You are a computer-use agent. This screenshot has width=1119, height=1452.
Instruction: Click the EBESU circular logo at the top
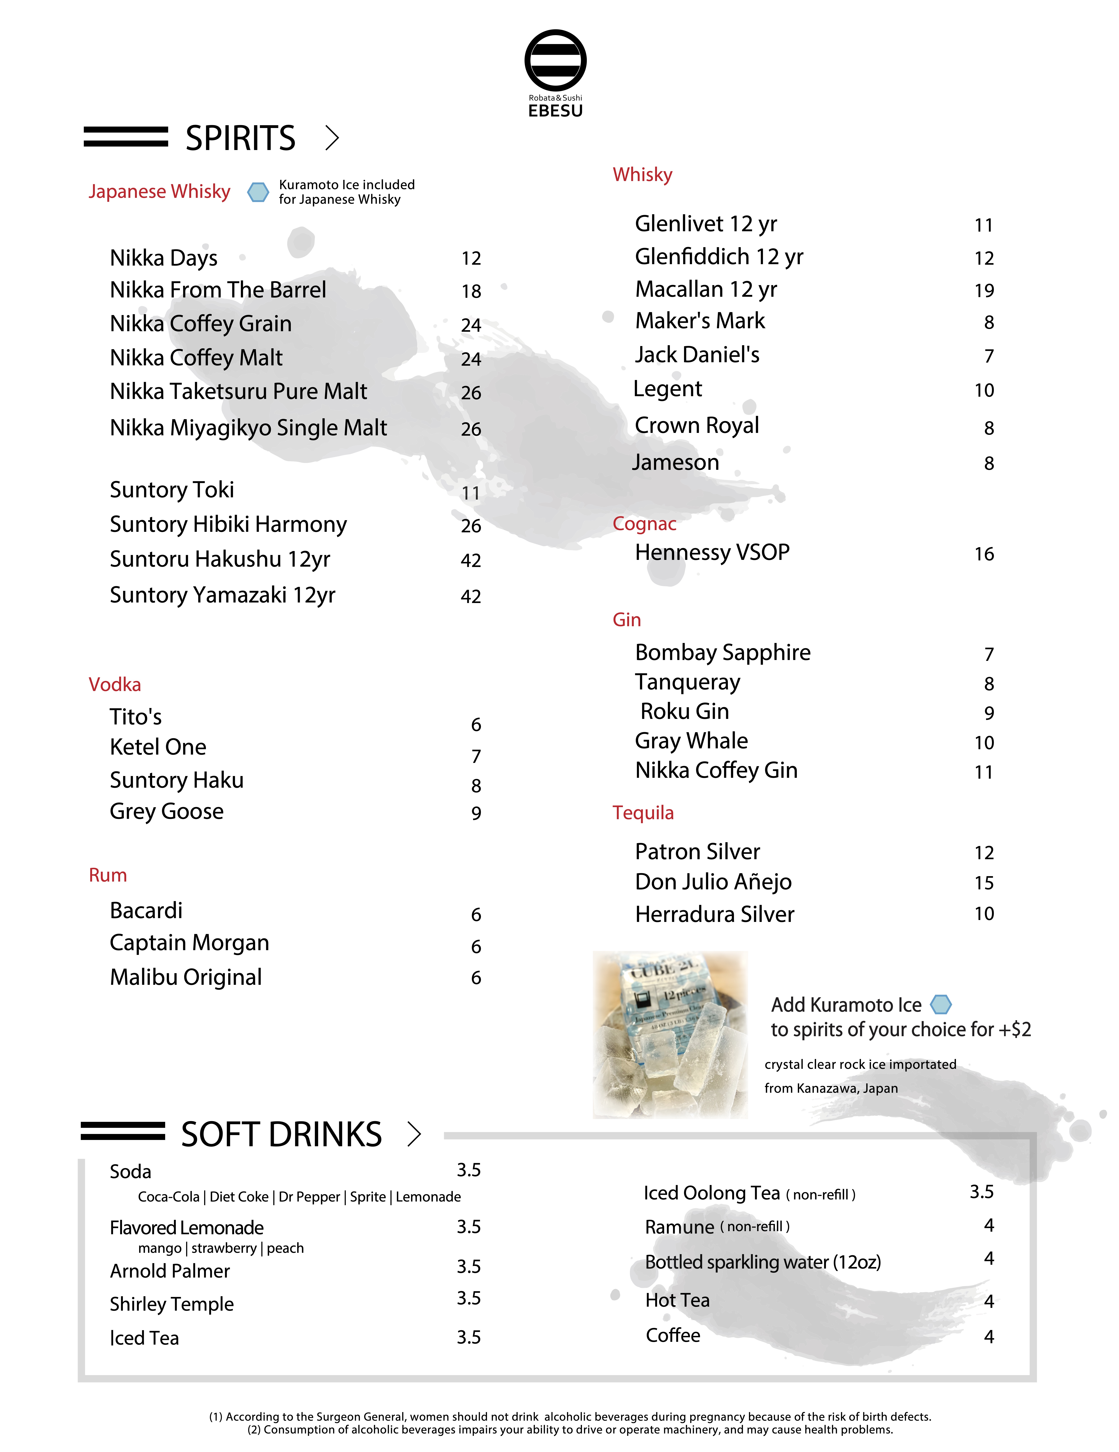pyautogui.click(x=555, y=60)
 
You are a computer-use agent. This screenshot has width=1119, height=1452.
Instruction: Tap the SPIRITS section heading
pyautogui.click(x=240, y=138)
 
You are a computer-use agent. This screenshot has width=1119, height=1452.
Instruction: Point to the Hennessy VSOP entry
pyautogui.click(x=712, y=552)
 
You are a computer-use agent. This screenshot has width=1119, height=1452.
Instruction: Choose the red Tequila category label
pyautogui.click(x=643, y=812)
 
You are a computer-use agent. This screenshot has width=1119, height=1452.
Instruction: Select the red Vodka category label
pyautogui.click(x=114, y=684)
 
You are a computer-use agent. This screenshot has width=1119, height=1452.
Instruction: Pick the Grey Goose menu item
pyautogui.click(x=166, y=811)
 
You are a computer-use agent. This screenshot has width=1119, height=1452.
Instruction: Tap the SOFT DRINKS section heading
pyautogui.click(x=281, y=1134)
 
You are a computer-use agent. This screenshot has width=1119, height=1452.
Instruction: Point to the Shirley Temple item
pyautogui.click(x=172, y=1304)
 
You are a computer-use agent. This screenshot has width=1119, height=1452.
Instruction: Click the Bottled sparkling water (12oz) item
pyautogui.click(x=762, y=1262)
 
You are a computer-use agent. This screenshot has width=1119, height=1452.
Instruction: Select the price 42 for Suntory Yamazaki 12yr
pyautogui.click(x=470, y=596)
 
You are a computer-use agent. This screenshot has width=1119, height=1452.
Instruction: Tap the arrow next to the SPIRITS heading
pyautogui.click(x=332, y=138)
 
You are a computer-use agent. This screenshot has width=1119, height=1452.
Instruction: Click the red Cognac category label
pyautogui.click(x=644, y=524)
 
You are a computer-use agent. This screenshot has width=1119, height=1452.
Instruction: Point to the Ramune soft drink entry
pyautogui.click(x=679, y=1227)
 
